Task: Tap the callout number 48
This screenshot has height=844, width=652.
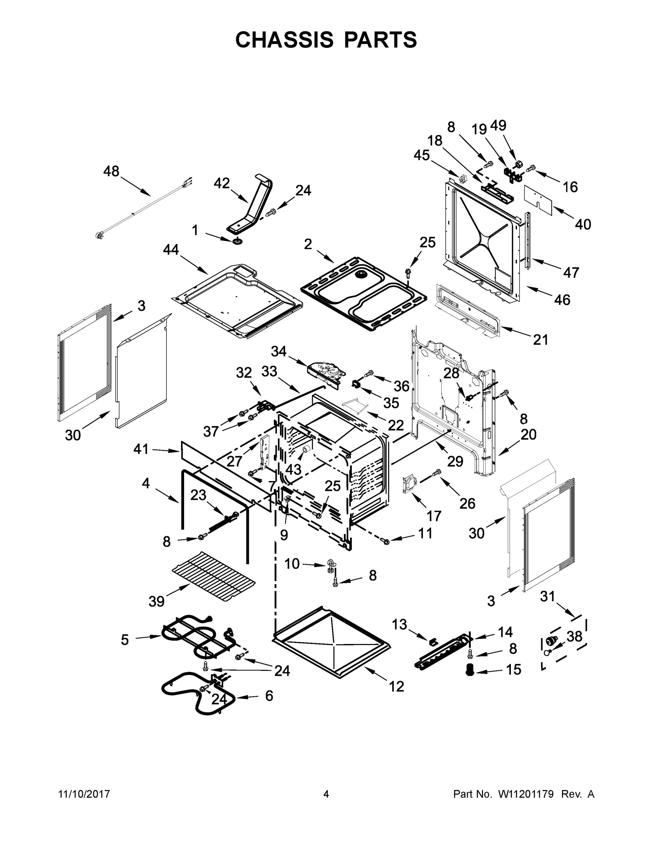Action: click(111, 171)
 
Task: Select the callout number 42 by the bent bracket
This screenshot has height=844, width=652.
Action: click(222, 183)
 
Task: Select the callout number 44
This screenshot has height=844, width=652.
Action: click(171, 250)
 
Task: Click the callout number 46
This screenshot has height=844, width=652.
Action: click(562, 300)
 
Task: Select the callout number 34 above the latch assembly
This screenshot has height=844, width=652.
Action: click(278, 351)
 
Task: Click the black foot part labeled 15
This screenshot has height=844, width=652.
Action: click(470, 669)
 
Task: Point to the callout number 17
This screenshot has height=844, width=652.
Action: click(434, 516)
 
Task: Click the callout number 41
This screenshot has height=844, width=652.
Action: click(141, 449)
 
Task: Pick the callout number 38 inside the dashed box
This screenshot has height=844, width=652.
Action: click(574, 636)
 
